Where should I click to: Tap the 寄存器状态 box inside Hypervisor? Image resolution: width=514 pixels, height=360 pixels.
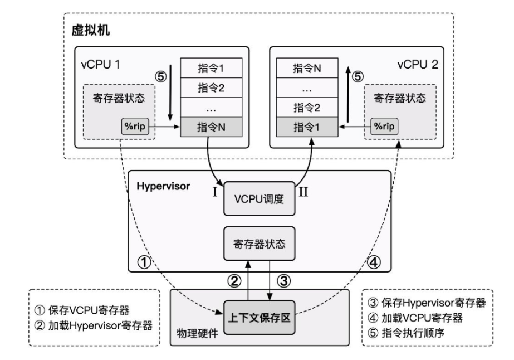pos(258,244)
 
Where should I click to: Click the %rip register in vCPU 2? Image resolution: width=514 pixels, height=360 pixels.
pos(383,127)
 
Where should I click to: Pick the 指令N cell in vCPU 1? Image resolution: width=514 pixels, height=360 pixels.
pos(211,127)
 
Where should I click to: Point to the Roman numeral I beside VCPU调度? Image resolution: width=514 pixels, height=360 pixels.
pos(214,194)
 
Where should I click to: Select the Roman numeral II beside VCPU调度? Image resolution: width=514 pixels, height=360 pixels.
pos(304,194)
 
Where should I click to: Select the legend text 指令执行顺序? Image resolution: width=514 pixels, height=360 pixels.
pos(423,335)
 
